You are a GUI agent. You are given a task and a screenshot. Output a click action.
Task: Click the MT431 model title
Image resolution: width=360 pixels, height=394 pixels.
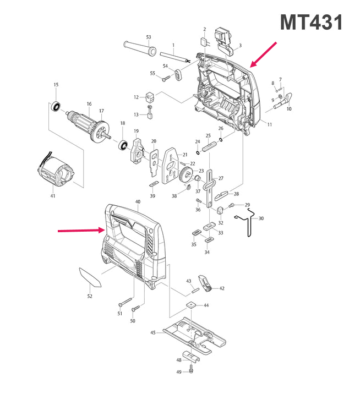[x=312, y=23]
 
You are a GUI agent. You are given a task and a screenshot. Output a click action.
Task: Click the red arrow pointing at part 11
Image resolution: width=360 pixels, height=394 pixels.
[x=264, y=54]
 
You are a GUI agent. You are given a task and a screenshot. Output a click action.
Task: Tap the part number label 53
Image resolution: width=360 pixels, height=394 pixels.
[x=149, y=37]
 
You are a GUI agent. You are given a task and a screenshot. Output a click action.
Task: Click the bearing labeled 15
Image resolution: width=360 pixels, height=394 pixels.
[x=56, y=106]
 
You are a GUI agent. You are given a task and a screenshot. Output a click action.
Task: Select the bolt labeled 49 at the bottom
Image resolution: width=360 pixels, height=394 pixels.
[x=191, y=370]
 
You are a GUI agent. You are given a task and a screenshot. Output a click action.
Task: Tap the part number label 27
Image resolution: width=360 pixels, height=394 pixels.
[x=221, y=178]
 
